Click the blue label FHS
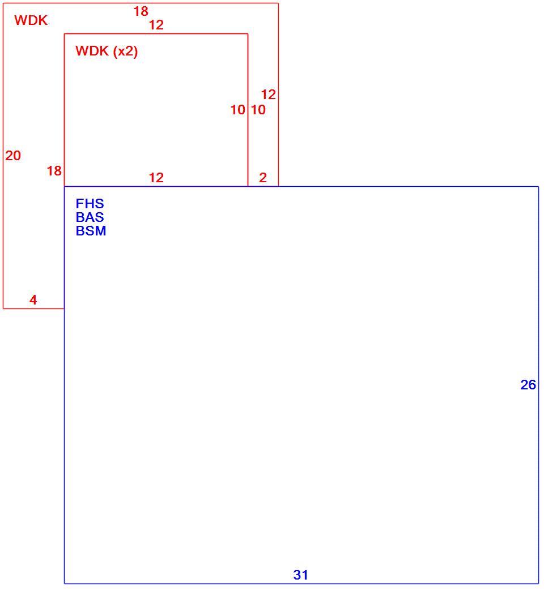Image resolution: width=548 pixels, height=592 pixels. point(90,204)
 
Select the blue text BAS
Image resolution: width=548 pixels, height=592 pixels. point(90,217)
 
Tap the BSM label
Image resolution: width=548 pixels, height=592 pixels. point(91,231)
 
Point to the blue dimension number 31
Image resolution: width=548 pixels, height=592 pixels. point(300,575)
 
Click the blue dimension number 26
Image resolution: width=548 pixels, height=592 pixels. point(528,385)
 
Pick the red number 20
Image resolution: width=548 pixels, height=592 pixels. point(13,156)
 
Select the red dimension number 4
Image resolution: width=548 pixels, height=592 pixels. point(33,300)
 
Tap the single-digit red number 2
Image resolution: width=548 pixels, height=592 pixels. point(262,178)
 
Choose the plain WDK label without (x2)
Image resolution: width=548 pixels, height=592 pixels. point(31,20)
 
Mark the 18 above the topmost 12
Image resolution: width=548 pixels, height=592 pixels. point(141,11)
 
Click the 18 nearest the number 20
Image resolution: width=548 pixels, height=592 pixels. point(54,171)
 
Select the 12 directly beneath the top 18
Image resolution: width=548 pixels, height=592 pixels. point(156,25)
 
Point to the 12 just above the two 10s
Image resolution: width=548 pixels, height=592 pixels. point(268,95)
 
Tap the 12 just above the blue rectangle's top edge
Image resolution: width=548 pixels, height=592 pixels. point(156,178)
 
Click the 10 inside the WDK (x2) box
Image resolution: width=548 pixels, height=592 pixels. point(237,110)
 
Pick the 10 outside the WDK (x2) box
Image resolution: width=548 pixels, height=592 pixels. point(258,110)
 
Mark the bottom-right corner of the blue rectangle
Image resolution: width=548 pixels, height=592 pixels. point(538,584)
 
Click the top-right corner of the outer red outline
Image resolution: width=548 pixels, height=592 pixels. point(279,3)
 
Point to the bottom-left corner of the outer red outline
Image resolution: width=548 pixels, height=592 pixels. point(3,308)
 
